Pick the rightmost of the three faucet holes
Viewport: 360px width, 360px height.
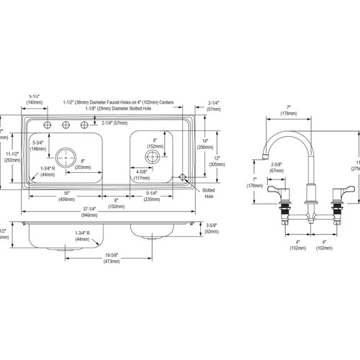pyautogui.click(x=81, y=127)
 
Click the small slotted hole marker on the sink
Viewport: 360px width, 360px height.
pyautogui.click(x=183, y=176)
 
